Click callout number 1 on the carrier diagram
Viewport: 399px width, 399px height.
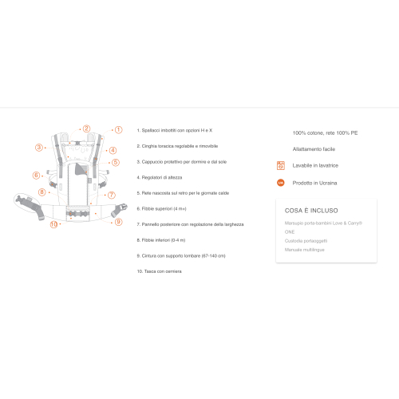pyautogui.click(x=118, y=129)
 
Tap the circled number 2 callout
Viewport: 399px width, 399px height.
pyautogui.click(x=86, y=128)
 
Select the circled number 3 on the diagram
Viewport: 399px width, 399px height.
pyautogui.click(x=38, y=147)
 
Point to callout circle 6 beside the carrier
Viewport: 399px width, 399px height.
pyautogui.click(x=36, y=175)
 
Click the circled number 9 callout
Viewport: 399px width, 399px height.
pyautogui.click(x=118, y=222)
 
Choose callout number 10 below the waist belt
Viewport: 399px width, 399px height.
pyautogui.click(x=54, y=224)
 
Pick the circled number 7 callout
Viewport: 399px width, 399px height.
pyautogui.click(x=112, y=195)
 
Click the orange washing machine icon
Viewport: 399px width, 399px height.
pyautogui.click(x=280, y=165)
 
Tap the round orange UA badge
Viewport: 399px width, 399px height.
pyautogui.click(x=280, y=183)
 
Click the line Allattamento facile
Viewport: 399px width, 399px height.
pyautogui.click(x=314, y=148)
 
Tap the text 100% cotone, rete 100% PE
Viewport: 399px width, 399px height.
pyautogui.click(x=325, y=132)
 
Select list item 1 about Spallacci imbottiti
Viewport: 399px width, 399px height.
pyautogui.click(x=176, y=130)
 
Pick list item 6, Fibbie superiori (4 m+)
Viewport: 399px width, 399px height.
pyautogui.click(x=163, y=208)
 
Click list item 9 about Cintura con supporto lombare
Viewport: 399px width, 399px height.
pyautogui.click(x=181, y=255)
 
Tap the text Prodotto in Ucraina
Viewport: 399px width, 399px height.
pyautogui.click(x=315, y=183)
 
